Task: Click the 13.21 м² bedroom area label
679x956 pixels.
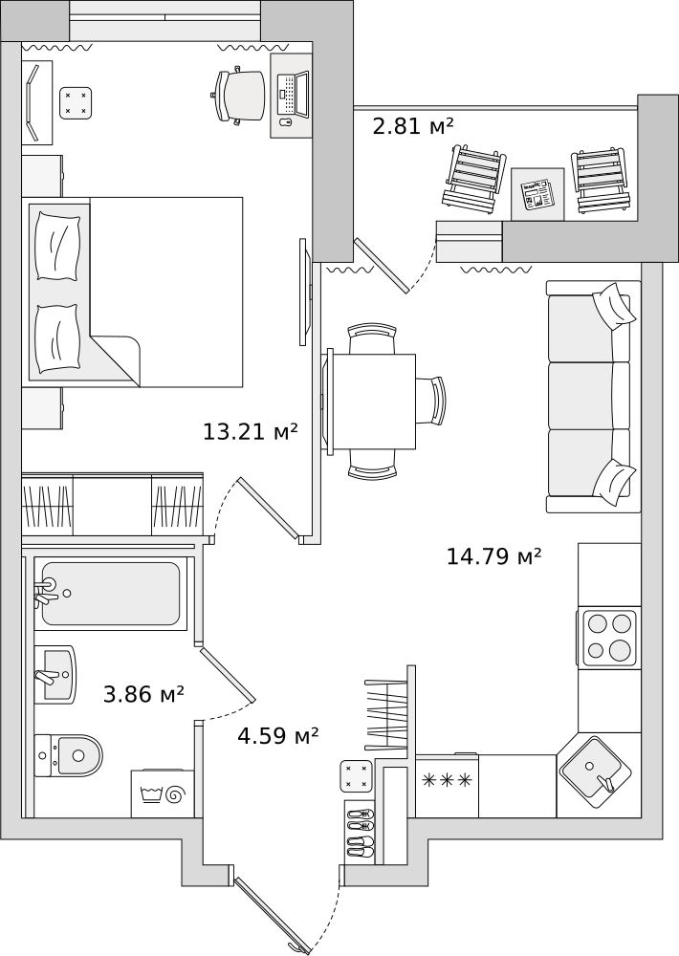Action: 251,432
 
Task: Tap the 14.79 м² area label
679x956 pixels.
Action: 494,556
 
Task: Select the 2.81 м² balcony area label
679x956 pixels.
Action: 413,126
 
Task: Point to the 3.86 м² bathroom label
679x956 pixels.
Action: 144,694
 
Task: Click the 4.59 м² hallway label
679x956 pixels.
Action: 278,736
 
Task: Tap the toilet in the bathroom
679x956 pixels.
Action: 68,755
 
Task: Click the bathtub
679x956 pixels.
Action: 110,594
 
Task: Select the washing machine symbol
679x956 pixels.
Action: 163,793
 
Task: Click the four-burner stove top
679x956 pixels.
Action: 609,638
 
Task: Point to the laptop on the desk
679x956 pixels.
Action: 293,95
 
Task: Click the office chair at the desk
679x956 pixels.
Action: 239,96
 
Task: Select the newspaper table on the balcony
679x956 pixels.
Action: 537,194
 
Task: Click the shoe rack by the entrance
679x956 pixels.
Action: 360,831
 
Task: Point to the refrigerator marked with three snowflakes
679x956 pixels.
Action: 448,787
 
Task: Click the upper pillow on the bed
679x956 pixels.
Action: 58,245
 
